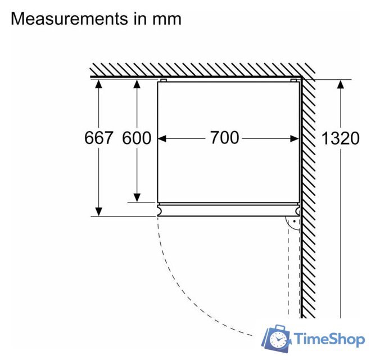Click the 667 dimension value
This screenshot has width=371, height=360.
[x=99, y=138]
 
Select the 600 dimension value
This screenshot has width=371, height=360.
[x=137, y=138]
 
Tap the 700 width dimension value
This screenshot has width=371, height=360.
[x=225, y=138]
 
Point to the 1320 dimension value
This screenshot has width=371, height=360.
[x=341, y=138]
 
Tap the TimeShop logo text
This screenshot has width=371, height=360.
[x=329, y=339]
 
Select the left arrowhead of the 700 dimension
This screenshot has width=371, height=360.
[x=162, y=138]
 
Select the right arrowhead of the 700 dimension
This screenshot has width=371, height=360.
[x=295, y=138]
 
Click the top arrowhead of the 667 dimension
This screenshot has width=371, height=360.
[x=99, y=84]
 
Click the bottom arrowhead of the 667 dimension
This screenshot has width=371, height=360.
[x=99, y=211]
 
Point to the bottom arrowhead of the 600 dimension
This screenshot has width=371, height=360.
[x=137, y=198]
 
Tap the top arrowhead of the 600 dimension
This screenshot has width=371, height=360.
[x=137, y=84]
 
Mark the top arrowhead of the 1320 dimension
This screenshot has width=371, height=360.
[x=341, y=84]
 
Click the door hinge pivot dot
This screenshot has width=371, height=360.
[x=295, y=221]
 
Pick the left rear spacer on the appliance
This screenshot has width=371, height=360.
[x=164, y=80]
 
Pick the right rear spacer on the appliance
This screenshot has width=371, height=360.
[x=293, y=80]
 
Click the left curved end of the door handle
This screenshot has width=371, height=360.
[x=160, y=210]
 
